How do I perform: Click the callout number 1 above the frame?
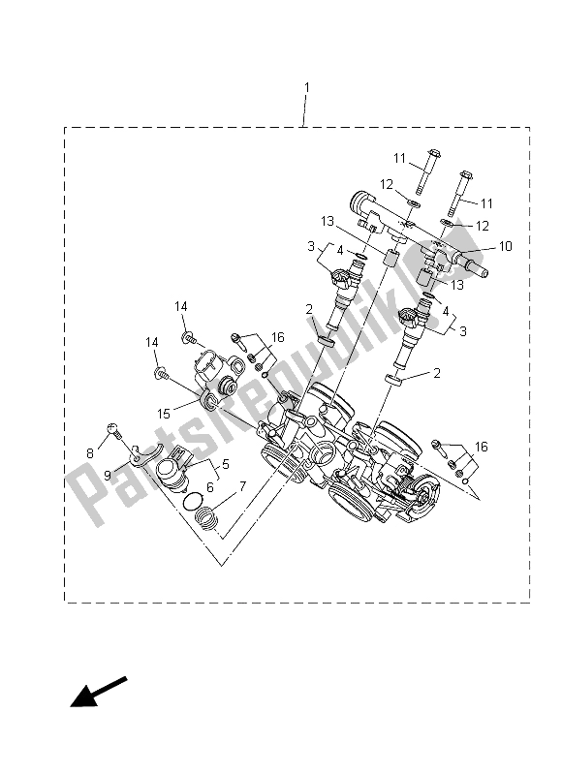pos(307,88)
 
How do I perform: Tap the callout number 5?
pos(226,465)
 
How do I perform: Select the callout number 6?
pos(207,487)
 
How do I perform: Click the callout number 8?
pos(91,451)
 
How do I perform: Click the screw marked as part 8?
pos(113,428)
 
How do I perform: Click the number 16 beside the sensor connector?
pos(278,337)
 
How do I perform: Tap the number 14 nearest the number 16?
pos(180,306)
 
